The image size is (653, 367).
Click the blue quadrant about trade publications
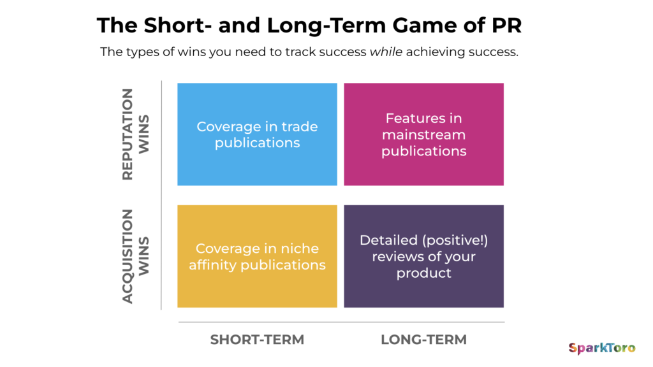[257, 134]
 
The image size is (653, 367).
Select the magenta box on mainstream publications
[423, 134]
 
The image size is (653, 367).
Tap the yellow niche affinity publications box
[257, 256]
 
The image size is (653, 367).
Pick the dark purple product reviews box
[423, 256]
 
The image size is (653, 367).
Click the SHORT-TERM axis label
[257, 340]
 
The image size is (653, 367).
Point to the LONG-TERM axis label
[423, 340]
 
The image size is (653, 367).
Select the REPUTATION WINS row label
[135, 134]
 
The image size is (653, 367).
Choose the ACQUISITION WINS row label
[135, 256]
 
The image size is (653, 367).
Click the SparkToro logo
[601, 348]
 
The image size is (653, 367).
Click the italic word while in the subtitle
[386, 52]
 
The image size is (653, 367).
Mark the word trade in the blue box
[300, 126]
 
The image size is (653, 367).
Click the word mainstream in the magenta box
[423, 134]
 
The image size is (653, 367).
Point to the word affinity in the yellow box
[212, 264]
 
